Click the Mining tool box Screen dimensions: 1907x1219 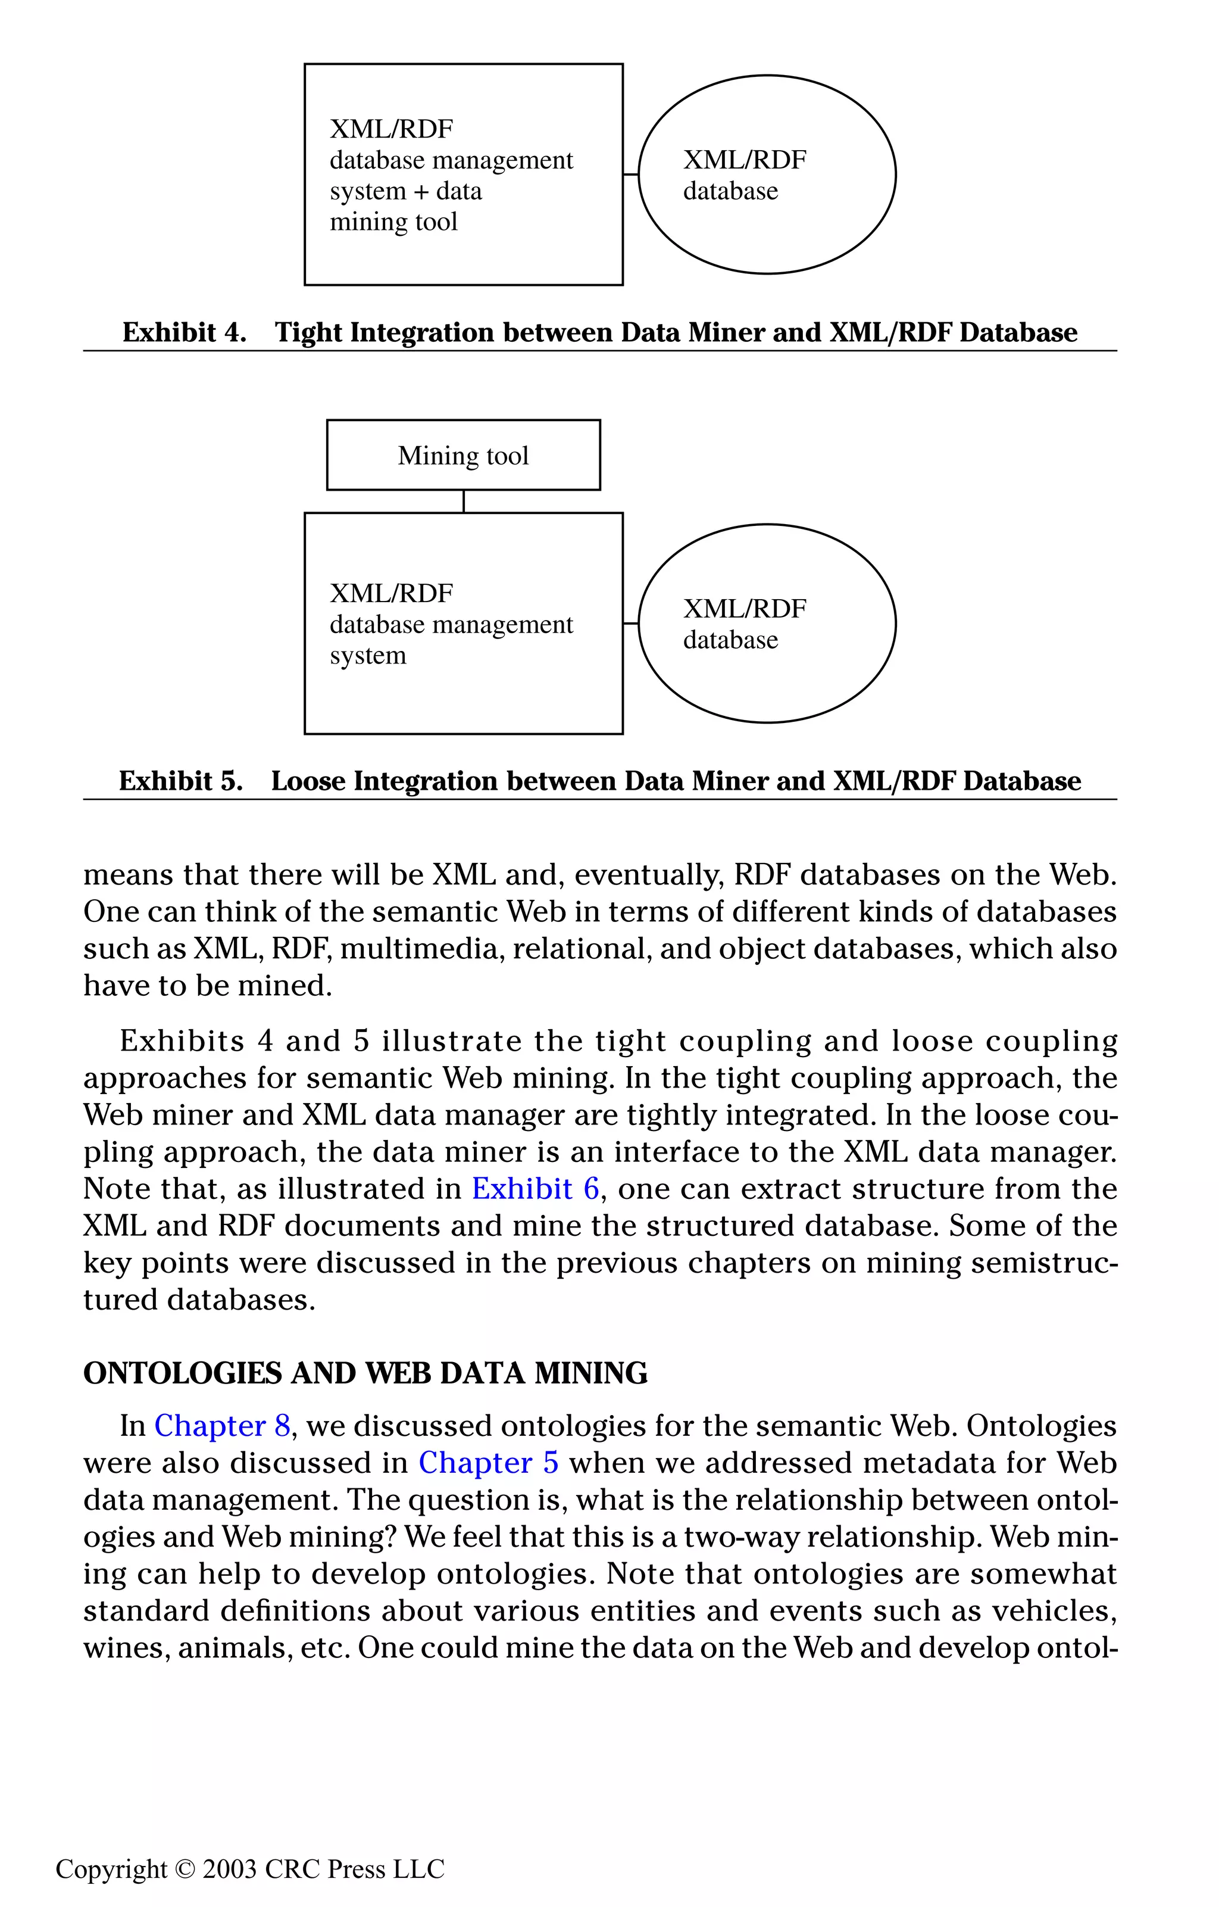coord(463,456)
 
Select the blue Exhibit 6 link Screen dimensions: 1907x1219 coord(535,1189)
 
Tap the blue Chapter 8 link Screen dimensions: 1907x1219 coord(223,1426)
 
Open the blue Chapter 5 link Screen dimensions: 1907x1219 coord(489,1463)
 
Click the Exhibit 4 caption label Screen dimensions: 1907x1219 coord(185,332)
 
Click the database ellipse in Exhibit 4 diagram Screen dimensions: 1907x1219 coord(766,175)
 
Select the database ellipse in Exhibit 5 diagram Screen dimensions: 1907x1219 coord(766,624)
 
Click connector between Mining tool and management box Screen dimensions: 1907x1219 coord(463,501)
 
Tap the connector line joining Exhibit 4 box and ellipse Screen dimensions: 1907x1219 coord(631,175)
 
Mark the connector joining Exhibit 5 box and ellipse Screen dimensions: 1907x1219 coord(631,624)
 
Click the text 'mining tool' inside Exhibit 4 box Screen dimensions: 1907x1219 coord(393,222)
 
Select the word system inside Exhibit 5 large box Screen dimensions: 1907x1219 coord(368,656)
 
